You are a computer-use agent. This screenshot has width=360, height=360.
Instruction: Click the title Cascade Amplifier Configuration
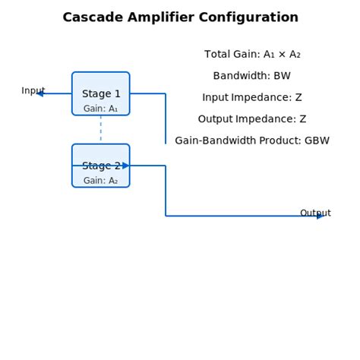(180, 17)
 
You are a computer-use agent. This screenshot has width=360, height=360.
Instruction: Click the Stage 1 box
(101, 93)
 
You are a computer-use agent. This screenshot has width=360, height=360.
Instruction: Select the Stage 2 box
(101, 166)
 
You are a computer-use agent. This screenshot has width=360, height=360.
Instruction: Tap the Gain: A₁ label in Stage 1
(101, 109)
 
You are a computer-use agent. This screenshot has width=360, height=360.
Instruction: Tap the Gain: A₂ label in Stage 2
(101, 181)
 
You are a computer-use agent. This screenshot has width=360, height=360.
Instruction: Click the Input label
(33, 90)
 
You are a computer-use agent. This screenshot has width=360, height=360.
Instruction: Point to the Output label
(315, 213)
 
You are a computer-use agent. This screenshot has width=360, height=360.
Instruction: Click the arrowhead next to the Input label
(39, 93)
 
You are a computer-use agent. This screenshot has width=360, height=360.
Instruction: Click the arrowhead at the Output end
(321, 216)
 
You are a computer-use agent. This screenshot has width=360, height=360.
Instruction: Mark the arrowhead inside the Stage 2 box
(126, 166)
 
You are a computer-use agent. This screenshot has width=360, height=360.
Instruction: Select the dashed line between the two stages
(101, 129)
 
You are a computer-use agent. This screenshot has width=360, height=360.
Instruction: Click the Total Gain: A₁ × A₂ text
(252, 55)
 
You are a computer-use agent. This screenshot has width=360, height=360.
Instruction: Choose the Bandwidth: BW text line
(252, 76)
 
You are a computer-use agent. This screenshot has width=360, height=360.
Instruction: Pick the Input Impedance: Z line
(252, 97)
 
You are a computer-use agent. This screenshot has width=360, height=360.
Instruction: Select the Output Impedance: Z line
(252, 119)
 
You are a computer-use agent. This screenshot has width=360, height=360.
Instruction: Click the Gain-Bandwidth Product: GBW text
(252, 141)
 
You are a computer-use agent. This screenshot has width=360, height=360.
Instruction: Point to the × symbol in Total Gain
(282, 55)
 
